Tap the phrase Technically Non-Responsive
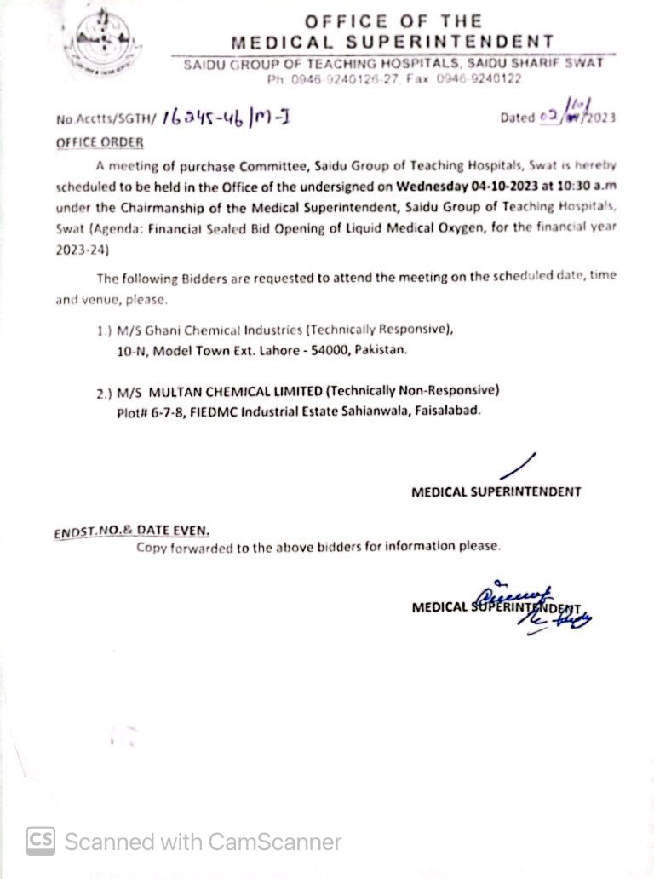(412, 390)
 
